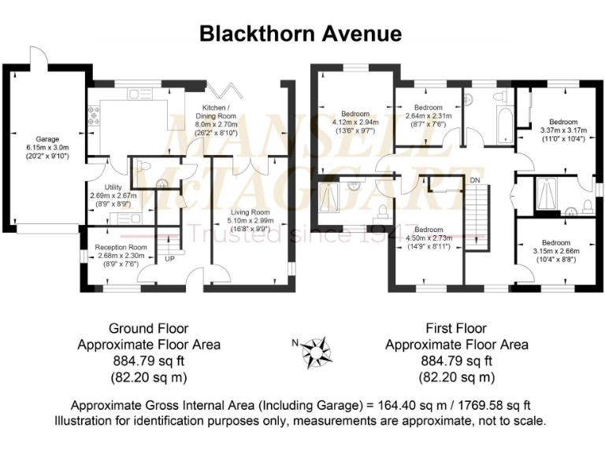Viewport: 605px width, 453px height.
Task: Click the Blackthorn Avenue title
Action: pos(300,34)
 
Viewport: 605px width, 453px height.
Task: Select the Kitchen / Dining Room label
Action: pos(216,115)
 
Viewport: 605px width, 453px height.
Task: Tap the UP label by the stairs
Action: pos(169,257)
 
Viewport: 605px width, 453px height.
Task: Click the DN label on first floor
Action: pos(474,179)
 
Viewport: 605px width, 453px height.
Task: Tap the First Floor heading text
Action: pos(456,329)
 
